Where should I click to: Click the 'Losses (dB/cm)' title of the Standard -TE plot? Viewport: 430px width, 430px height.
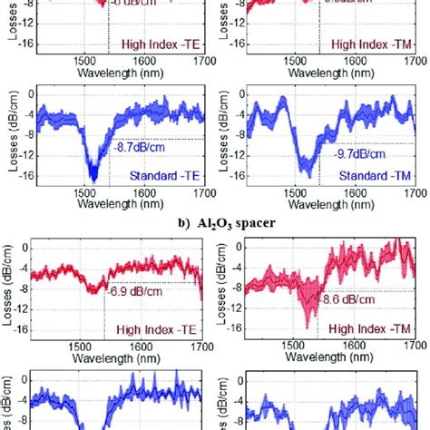9,135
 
